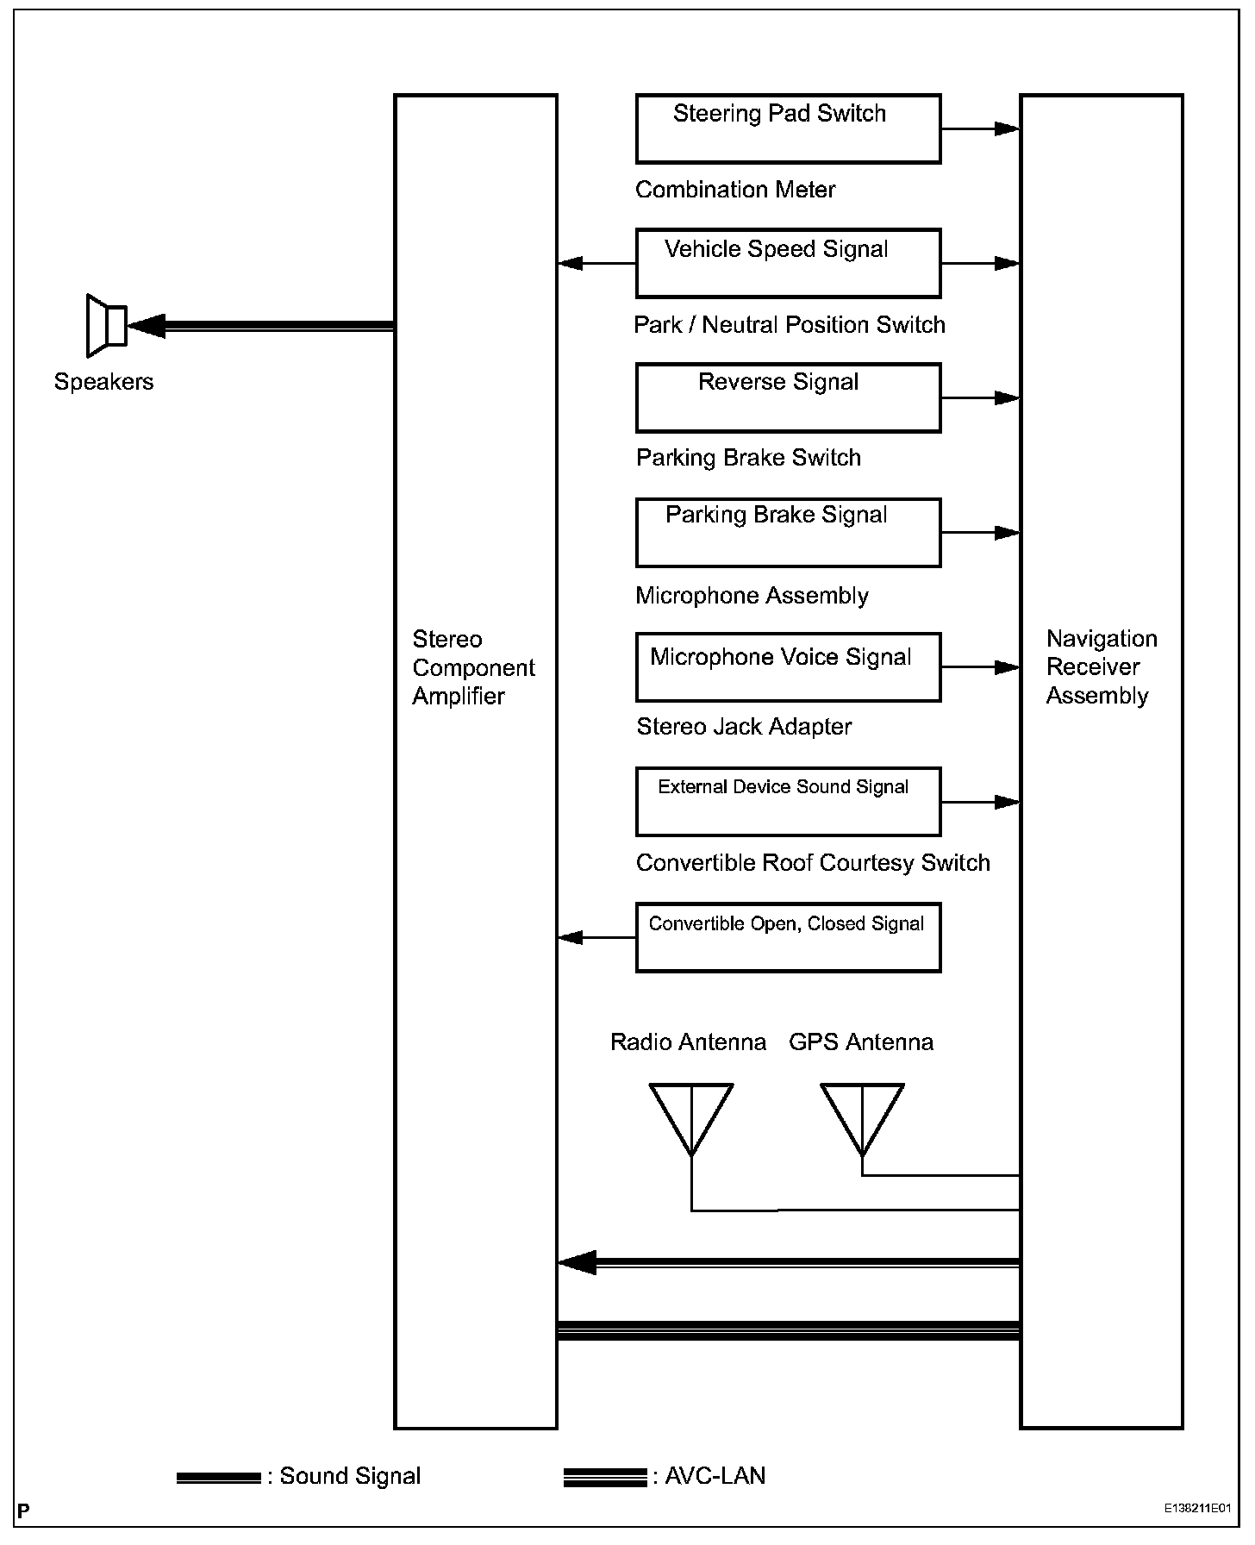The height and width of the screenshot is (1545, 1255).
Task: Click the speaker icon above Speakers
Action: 107,326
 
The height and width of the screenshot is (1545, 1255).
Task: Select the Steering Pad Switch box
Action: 788,129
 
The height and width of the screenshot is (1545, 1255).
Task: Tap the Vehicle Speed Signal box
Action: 788,263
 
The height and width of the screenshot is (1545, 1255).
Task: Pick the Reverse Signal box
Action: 788,397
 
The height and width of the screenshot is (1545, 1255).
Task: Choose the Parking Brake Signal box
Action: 788,532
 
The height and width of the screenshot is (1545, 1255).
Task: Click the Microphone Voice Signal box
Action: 788,666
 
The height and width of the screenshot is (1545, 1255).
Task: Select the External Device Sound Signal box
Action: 788,802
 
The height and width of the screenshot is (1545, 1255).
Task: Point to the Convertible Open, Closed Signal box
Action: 788,937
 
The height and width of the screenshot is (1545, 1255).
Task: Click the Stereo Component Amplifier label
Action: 473,667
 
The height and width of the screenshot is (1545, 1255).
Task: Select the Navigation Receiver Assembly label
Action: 1101,667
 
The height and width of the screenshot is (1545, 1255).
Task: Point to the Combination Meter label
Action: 735,190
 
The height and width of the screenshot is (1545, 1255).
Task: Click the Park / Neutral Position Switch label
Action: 789,325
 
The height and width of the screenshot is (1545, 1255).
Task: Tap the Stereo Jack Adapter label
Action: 744,727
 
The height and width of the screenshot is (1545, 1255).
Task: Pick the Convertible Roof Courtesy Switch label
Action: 813,863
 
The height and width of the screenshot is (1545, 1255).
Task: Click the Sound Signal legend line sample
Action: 218,1478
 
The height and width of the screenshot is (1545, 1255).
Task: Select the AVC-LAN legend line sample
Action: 604,1478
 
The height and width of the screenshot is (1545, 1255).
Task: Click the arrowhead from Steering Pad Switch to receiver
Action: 1006,129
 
